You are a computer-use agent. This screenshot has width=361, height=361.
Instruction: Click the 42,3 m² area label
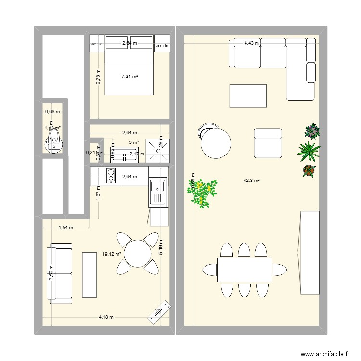[251, 180]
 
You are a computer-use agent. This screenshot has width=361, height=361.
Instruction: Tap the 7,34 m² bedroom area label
[129, 76]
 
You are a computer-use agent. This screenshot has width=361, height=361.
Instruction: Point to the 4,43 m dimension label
[251, 43]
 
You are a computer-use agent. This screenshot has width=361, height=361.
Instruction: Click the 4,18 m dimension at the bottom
[106, 317]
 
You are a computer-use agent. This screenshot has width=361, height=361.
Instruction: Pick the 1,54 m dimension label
[65, 228]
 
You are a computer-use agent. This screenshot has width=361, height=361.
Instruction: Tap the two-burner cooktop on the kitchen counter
[111, 176]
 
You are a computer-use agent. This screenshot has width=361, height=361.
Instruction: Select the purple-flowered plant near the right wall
[312, 130]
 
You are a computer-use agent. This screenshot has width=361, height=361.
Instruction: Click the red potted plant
[309, 170]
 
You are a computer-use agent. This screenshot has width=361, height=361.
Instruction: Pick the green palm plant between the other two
[309, 151]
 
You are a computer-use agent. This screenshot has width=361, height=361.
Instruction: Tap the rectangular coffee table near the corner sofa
[248, 95]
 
